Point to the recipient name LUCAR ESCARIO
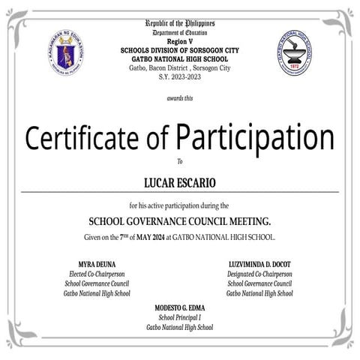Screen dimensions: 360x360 [x=180, y=181]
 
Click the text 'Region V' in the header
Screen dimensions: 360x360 [x=180, y=43]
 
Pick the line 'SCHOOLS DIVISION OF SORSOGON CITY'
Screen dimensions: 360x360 [x=180, y=51]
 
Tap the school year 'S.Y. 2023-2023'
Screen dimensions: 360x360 [x=180, y=76]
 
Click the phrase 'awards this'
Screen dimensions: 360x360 [x=180, y=98]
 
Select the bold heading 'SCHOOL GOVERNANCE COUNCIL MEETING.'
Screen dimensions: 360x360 [x=180, y=222]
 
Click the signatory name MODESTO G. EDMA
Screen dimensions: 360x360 [x=180, y=309]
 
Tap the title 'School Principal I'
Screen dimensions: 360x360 [x=180, y=318]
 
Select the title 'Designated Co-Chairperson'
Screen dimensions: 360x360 [x=260, y=274]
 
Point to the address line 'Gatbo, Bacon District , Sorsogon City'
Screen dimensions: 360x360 [x=180, y=67]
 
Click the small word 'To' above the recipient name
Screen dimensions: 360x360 [x=180, y=161]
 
